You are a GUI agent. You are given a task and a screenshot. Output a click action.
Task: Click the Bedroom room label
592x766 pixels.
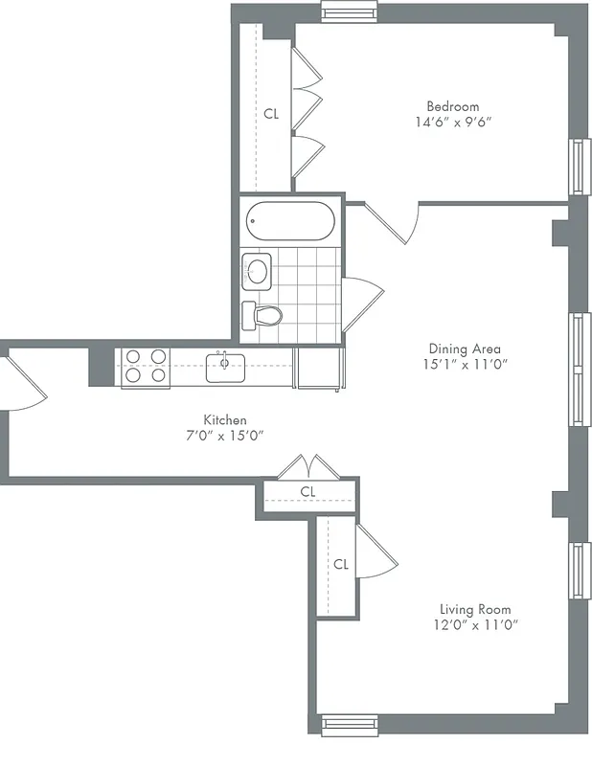click(453, 106)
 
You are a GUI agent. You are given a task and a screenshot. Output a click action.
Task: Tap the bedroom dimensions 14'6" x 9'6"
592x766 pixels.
click(453, 123)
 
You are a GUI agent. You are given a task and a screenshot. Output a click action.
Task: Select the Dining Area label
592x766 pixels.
click(465, 349)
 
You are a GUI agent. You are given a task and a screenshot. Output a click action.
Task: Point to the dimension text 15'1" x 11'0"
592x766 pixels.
click(465, 365)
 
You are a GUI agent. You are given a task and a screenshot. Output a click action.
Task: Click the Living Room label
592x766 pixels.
click(475, 609)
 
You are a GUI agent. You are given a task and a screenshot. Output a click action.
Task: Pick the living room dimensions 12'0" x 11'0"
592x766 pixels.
click(475, 625)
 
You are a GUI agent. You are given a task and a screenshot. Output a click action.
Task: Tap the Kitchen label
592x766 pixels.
click(225, 419)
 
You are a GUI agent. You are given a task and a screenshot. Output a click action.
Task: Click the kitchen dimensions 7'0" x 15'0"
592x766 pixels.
click(225, 436)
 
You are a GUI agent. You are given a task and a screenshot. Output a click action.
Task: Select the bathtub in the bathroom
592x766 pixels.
click(289, 223)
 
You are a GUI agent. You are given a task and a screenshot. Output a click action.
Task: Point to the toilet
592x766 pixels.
click(262, 314)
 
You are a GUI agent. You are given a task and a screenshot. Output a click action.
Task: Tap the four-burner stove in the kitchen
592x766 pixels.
click(146, 366)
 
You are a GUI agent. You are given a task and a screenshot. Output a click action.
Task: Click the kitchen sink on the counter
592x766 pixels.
click(226, 365)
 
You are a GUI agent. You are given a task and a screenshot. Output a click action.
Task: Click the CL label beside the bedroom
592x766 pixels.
click(271, 113)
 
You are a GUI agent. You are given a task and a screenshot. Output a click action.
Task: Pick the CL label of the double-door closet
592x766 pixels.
click(307, 491)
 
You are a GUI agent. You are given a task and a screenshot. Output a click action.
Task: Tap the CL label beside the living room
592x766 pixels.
click(341, 564)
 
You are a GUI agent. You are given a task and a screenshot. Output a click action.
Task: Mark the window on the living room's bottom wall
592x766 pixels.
click(350, 726)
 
